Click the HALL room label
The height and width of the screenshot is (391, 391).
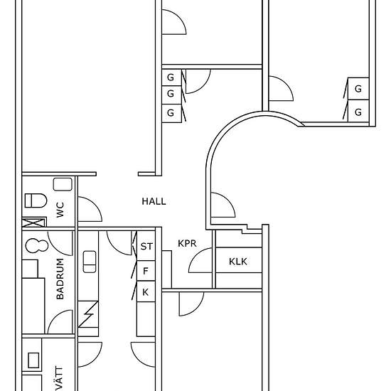pos(154,201)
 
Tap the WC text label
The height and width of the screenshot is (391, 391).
pos(60,210)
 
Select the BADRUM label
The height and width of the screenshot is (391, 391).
pos(60,279)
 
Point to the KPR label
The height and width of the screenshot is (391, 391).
pos(187,243)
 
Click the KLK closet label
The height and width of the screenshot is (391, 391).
pos(238,262)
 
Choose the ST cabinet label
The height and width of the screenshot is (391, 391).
pos(146,247)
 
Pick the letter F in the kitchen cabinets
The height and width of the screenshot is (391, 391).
pos(146,271)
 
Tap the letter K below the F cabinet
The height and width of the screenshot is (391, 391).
pos(145,292)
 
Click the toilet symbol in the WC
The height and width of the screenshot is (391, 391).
pos(36,200)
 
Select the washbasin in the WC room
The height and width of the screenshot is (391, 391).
pos(63,185)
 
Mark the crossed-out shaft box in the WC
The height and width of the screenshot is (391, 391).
pos(34,223)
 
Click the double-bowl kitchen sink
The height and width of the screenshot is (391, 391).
pos(90,262)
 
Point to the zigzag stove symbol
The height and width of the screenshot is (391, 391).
pos(88,314)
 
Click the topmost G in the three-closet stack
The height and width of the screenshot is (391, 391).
pos(171,77)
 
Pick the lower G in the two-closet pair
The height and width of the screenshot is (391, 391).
pos(358,112)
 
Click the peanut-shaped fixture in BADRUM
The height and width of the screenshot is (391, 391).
pos(37,246)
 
